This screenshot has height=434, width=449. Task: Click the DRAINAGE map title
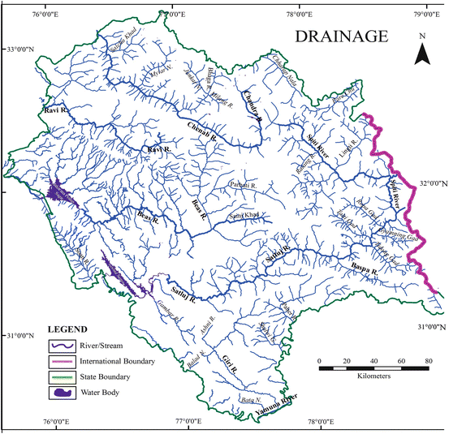click(342, 37)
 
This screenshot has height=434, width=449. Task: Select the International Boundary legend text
click(117, 361)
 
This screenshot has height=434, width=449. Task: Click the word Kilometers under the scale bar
click(373, 377)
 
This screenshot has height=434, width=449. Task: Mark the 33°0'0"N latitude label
click(21, 49)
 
